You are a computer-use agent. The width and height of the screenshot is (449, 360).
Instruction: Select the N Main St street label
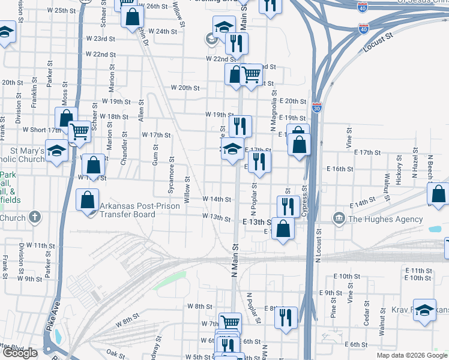[x=235, y=254]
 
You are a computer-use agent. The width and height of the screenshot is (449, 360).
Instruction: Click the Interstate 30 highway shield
[x=316, y=107]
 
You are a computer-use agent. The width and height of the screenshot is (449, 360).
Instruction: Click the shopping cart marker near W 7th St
[x=229, y=322]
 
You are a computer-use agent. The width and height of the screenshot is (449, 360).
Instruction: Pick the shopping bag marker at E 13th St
[x=283, y=227]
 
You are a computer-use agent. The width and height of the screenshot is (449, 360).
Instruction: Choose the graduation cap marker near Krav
[x=424, y=310]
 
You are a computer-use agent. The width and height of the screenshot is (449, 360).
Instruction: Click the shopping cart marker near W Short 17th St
[x=79, y=131]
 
